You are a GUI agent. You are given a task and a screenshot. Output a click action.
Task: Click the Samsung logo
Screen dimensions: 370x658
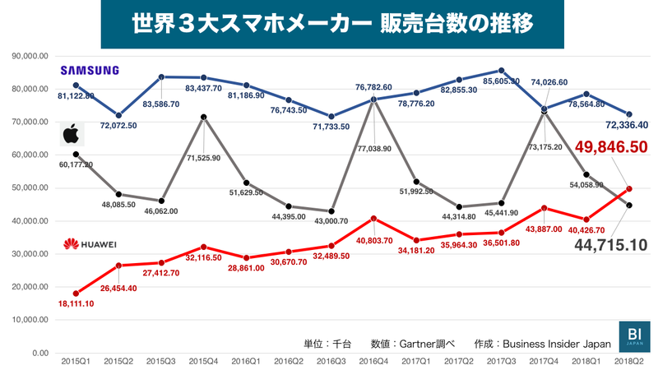pos(91,70)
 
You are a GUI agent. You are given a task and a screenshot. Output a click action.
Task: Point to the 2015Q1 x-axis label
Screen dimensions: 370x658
pos(76,361)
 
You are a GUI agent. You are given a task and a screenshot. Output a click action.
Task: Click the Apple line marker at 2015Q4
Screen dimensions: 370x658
pos(203,117)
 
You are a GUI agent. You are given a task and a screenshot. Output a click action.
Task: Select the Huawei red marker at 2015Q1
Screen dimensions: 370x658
pos(76,294)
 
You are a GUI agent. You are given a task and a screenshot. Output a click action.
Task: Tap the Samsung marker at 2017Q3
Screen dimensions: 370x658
pos(502,71)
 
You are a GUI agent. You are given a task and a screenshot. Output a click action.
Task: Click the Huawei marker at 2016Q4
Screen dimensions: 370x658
pos(374,219)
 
